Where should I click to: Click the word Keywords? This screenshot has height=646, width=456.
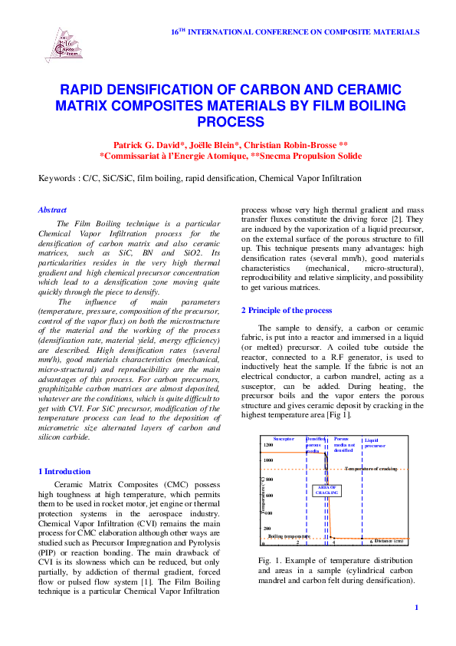[x=58, y=178]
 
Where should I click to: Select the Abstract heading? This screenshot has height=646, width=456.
[x=52, y=209]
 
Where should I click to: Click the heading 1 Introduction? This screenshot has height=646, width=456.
[x=64, y=471]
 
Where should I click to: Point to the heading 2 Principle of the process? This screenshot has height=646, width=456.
[x=287, y=310]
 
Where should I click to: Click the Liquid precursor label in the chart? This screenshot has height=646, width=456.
[x=375, y=442]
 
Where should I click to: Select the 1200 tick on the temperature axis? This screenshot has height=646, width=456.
[x=267, y=445]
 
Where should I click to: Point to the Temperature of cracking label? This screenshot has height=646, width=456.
[x=371, y=468]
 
